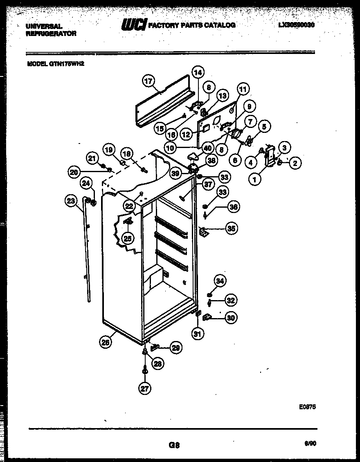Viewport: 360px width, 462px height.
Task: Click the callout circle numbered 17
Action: pyautogui.click(x=148, y=81)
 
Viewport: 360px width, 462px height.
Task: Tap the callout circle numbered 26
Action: pyautogui.click(x=106, y=343)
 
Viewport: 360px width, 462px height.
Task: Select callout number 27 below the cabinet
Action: pyautogui.click(x=145, y=388)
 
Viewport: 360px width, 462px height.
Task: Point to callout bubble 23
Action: pyautogui.click(x=71, y=200)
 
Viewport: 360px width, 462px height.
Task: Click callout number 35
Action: pyautogui.click(x=232, y=228)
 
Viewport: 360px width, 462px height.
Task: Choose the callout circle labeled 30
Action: pyautogui.click(x=231, y=317)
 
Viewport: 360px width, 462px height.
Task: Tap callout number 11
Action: pyautogui.click(x=243, y=89)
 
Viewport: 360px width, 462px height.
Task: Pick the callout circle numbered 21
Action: pyautogui.click(x=92, y=158)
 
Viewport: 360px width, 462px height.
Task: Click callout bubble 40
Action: pyautogui.click(x=207, y=148)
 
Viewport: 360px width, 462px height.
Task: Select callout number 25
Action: pyautogui.click(x=128, y=238)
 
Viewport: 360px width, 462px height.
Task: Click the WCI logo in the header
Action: pyautogui.click(x=133, y=25)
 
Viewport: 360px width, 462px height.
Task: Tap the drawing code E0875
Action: pyautogui.click(x=307, y=407)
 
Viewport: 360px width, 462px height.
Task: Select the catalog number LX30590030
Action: pyautogui.click(x=296, y=25)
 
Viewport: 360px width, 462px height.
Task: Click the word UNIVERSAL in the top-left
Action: pyautogui.click(x=44, y=26)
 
